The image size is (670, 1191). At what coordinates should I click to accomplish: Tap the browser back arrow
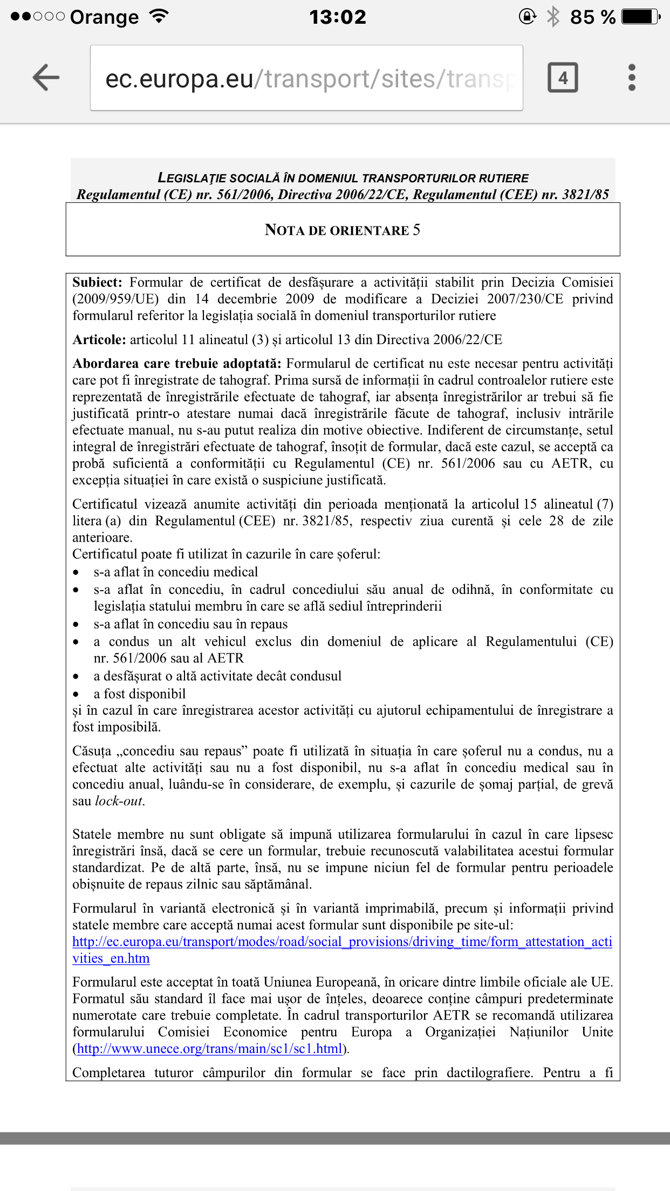click(46, 77)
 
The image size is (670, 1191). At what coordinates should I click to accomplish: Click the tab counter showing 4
click(563, 78)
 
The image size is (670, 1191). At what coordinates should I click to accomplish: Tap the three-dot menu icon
click(632, 78)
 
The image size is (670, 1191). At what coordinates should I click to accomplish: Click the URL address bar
click(306, 78)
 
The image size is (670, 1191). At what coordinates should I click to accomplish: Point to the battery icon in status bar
click(640, 17)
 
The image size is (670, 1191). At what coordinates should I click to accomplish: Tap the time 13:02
click(338, 17)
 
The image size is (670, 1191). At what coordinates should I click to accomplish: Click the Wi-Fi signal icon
click(159, 16)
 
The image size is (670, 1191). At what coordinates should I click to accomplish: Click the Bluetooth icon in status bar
click(553, 17)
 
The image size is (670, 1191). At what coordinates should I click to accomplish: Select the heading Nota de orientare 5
click(343, 230)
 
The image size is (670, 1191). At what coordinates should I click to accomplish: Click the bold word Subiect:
click(98, 282)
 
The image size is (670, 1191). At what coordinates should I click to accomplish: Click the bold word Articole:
click(99, 339)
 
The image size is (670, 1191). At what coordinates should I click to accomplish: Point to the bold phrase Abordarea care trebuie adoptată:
click(177, 364)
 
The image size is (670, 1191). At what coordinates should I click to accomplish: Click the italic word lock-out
click(119, 801)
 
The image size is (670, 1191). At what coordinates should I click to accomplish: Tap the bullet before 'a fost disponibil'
click(76, 694)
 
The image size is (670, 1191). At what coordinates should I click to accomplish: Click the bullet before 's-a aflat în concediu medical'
click(76, 572)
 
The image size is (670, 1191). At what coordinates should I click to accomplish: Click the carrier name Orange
click(104, 17)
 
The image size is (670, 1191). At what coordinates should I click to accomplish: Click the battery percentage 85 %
click(592, 17)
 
